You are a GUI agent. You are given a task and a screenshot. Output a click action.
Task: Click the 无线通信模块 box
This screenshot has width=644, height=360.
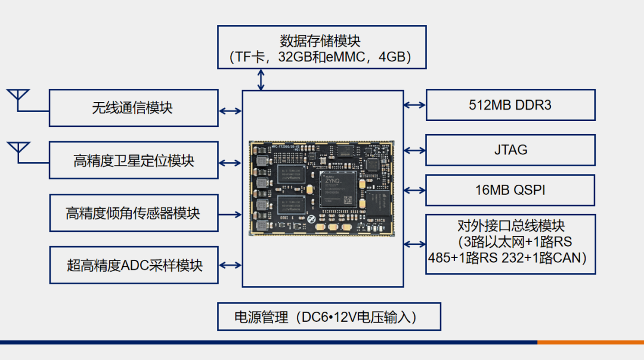(133, 108)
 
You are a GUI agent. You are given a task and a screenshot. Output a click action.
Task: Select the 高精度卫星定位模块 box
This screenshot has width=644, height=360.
(133, 160)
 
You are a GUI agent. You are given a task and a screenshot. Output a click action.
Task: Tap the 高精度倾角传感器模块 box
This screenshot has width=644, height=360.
(133, 213)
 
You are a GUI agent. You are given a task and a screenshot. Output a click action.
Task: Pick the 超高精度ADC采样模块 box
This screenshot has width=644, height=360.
(133, 265)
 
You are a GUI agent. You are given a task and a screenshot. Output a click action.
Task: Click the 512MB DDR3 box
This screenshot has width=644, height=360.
(510, 105)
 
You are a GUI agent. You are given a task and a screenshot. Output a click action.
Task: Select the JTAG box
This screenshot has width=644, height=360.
(510, 150)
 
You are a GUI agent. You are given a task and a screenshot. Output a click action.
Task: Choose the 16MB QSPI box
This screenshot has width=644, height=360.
(510, 190)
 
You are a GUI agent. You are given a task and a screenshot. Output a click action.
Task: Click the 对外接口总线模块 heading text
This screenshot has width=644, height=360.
(510, 226)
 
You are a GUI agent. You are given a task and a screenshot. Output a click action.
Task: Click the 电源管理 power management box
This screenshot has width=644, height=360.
(329, 317)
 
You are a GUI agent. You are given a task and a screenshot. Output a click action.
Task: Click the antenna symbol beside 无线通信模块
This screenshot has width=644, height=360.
(18, 98)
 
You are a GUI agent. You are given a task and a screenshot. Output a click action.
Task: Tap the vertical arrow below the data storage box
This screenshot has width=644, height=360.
(261, 79)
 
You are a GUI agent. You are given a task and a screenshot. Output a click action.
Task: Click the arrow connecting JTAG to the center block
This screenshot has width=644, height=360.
(414, 150)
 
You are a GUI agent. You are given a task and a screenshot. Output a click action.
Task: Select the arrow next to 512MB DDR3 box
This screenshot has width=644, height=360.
(414, 105)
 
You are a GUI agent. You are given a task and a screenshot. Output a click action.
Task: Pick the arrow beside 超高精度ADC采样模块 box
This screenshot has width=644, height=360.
(230, 265)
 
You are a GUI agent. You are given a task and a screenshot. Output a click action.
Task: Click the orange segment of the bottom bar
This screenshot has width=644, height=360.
(590, 342)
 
